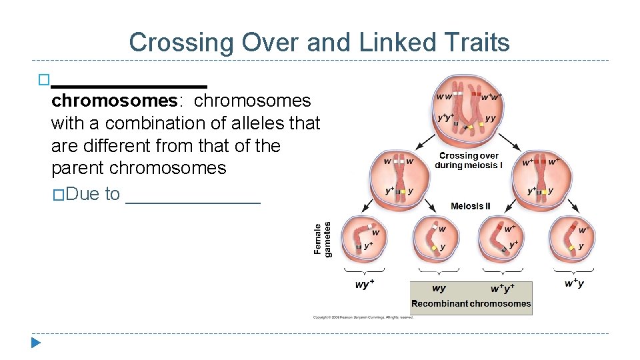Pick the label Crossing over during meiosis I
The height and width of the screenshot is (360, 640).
click(x=471, y=161)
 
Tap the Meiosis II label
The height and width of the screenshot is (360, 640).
click(x=471, y=206)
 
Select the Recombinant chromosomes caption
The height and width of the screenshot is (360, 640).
click(x=471, y=303)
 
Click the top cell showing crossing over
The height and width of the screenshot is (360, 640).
click(x=468, y=110)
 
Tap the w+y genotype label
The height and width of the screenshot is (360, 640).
click(x=574, y=284)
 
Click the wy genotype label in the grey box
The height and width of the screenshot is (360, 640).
click(x=439, y=289)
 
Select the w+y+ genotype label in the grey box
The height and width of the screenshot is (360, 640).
click(x=502, y=289)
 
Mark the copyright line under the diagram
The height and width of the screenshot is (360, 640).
click(x=364, y=317)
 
